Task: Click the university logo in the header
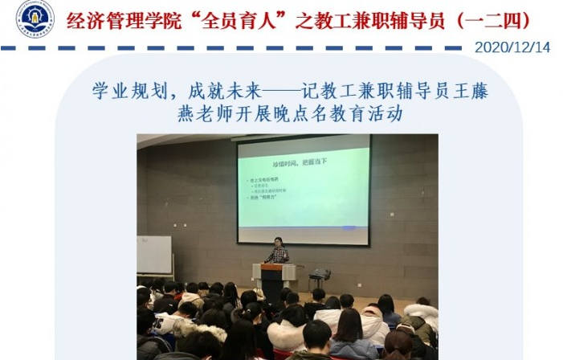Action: (35, 18)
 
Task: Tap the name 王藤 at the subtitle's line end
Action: (471, 89)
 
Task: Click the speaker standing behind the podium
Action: (278, 251)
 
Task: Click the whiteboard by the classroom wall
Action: (153, 255)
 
